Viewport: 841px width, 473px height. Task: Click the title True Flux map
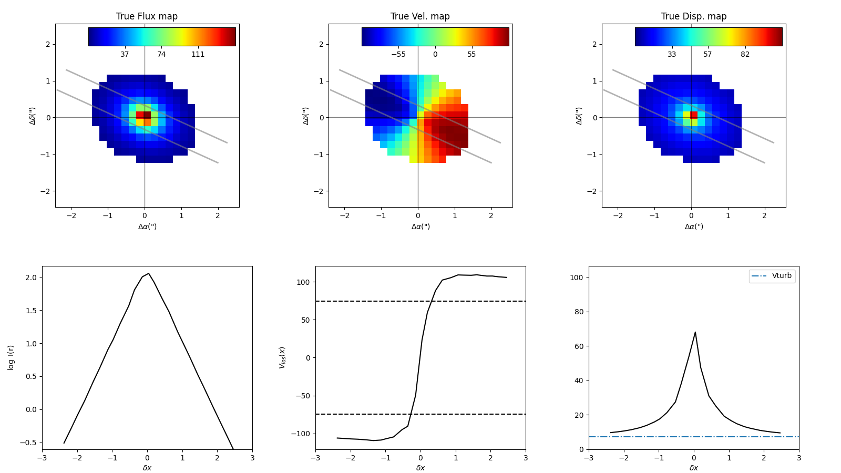(147, 16)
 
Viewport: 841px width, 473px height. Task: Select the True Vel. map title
(420, 16)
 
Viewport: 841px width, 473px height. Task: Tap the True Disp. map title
(693, 16)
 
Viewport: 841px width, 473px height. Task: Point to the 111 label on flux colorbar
(198, 54)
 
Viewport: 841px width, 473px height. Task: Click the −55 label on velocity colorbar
(398, 54)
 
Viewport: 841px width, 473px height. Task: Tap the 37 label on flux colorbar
(125, 54)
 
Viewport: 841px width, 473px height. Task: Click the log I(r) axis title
(11, 357)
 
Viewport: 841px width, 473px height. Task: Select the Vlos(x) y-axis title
(282, 357)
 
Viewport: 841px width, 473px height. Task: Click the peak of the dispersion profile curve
(695, 332)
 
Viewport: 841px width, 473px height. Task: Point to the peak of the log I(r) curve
(149, 273)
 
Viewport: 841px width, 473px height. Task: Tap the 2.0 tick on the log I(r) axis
(30, 277)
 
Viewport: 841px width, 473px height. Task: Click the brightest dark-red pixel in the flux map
(148, 115)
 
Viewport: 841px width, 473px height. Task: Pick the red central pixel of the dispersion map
(694, 115)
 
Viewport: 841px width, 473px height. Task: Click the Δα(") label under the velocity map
(420, 227)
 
